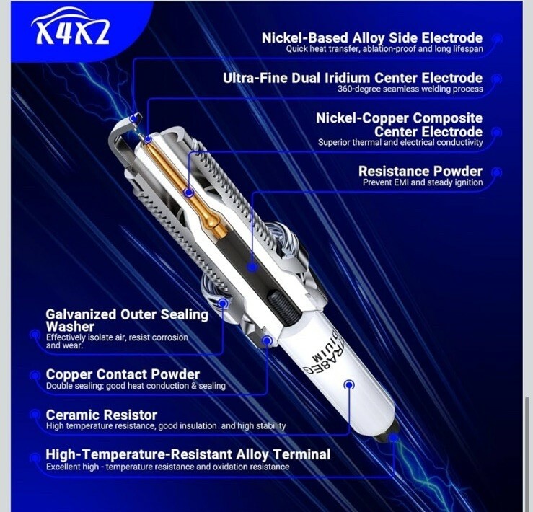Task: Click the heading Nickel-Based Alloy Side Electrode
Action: click(372, 37)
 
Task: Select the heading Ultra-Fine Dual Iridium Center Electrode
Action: click(353, 78)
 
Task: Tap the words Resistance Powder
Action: click(420, 171)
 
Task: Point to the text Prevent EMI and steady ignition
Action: click(423, 182)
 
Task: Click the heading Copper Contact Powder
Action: click(123, 374)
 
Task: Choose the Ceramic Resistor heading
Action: click(101, 415)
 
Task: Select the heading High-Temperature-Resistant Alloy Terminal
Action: click(188, 454)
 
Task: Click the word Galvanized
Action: click(81, 314)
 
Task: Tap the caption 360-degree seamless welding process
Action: click(410, 89)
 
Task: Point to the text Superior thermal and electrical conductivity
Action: click(400, 143)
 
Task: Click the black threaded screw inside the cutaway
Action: click(284, 307)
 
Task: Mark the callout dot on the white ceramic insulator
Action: click(349, 384)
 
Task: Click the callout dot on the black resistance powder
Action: click(252, 267)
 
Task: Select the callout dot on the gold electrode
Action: click(189, 193)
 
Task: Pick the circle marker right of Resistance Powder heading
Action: click(497, 172)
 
